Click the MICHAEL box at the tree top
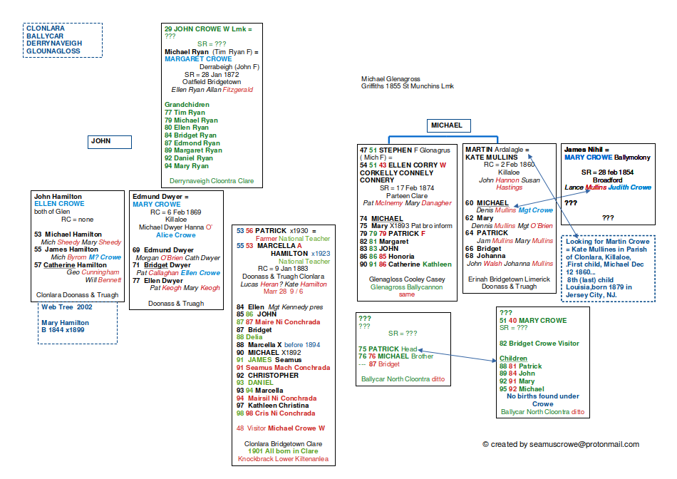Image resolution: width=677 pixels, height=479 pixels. coord(447,125)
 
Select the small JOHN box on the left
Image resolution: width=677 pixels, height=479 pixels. coord(110,142)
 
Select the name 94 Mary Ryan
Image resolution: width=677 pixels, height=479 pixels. coord(186,166)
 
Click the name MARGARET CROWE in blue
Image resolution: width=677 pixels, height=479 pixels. coord(195,59)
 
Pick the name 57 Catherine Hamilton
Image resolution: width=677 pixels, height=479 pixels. coord(71,264)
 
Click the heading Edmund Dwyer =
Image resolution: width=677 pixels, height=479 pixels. coord(161,196)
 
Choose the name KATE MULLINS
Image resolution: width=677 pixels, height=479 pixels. coord(491,157)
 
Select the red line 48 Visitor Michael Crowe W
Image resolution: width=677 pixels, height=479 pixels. coord(280,428)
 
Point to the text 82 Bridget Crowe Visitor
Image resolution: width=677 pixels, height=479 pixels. coord(539,344)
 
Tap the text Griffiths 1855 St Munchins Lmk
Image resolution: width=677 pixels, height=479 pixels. coord(407,86)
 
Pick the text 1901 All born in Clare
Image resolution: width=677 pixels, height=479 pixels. coord(274,451)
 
